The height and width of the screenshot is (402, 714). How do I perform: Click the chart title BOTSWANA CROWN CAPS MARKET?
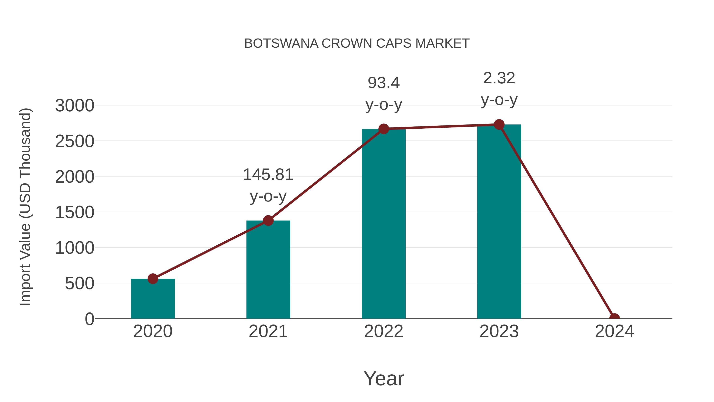[357, 43]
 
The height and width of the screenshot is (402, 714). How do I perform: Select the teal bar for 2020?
[153, 300]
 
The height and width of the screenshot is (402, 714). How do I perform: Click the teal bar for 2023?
[499, 222]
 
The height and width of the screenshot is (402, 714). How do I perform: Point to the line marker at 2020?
[153, 279]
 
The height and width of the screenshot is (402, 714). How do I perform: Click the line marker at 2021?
[268, 221]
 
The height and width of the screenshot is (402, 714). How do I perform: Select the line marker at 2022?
[384, 129]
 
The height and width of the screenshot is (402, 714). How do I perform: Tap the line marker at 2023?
[499, 124]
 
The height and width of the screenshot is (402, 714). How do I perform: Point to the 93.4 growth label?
[384, 93]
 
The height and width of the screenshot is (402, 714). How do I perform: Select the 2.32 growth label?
[499, 89]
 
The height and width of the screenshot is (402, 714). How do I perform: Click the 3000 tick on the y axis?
[75, 106]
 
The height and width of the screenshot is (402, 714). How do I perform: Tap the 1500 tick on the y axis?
[75, 212]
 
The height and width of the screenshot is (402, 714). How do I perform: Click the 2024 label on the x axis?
[614, 331]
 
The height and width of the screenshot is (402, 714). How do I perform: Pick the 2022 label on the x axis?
[384, 331]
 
